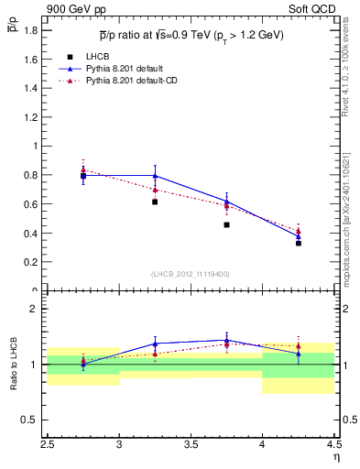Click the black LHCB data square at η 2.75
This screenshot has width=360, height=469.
pos(83,175)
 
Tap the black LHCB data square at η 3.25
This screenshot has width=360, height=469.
pos(155,202)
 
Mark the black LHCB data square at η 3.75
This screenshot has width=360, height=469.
pos(226,224)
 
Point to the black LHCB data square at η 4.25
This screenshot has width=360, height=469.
pos(298,243)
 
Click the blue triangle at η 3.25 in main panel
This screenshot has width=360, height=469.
pos(155,176)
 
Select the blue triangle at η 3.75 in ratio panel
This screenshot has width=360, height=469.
pos(226,340)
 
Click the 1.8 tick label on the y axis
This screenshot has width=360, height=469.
pos(30,30)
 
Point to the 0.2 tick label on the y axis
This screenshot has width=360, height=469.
pos(30,262)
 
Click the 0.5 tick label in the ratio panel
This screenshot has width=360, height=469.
pos(32,420)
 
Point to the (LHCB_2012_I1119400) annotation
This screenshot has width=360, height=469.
pos(191,274)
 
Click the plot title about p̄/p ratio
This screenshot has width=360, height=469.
pos(191,35)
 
